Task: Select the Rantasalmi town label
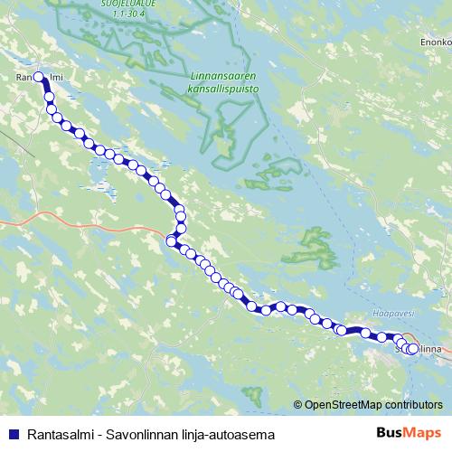click(x=37, y=78)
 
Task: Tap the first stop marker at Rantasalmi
click(x=38, y=77)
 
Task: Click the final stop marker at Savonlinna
click(x=413, y=349)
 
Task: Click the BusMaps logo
click(x=409, y=434)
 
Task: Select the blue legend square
click(x=12, y=434)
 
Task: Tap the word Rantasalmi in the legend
click(x=58, y=434)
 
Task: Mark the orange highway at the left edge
click(x=18, y=220)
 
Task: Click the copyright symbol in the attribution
click(x=297, y=404)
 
